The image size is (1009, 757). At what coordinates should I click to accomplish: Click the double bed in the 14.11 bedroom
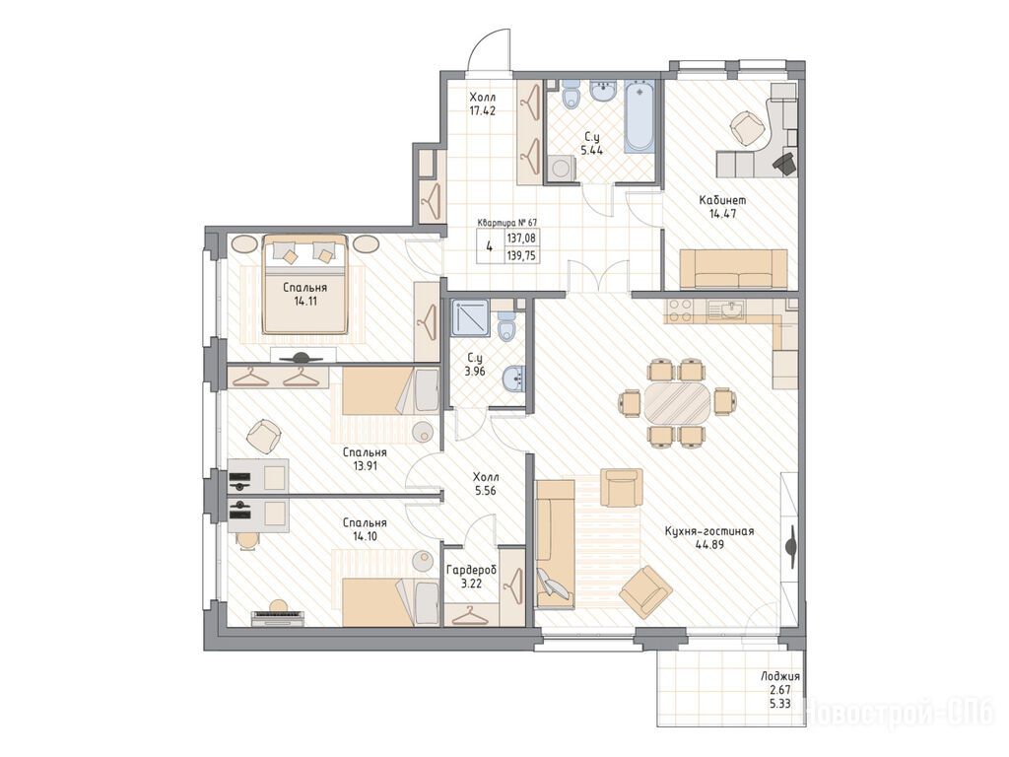305,284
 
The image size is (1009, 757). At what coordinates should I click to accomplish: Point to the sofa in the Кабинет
733,269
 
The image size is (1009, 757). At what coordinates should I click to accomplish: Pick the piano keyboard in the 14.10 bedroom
277,617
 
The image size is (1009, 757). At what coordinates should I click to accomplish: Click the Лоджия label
780,676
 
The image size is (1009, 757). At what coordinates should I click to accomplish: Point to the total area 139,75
522,255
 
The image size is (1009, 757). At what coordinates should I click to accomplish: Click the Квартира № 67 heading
507,223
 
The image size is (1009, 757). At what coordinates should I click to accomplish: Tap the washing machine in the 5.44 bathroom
561,168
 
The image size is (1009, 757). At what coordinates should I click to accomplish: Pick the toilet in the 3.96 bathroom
507,325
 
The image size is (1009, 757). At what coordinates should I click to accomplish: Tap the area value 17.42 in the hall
483,110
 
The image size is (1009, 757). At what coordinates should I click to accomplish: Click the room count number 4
490,246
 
